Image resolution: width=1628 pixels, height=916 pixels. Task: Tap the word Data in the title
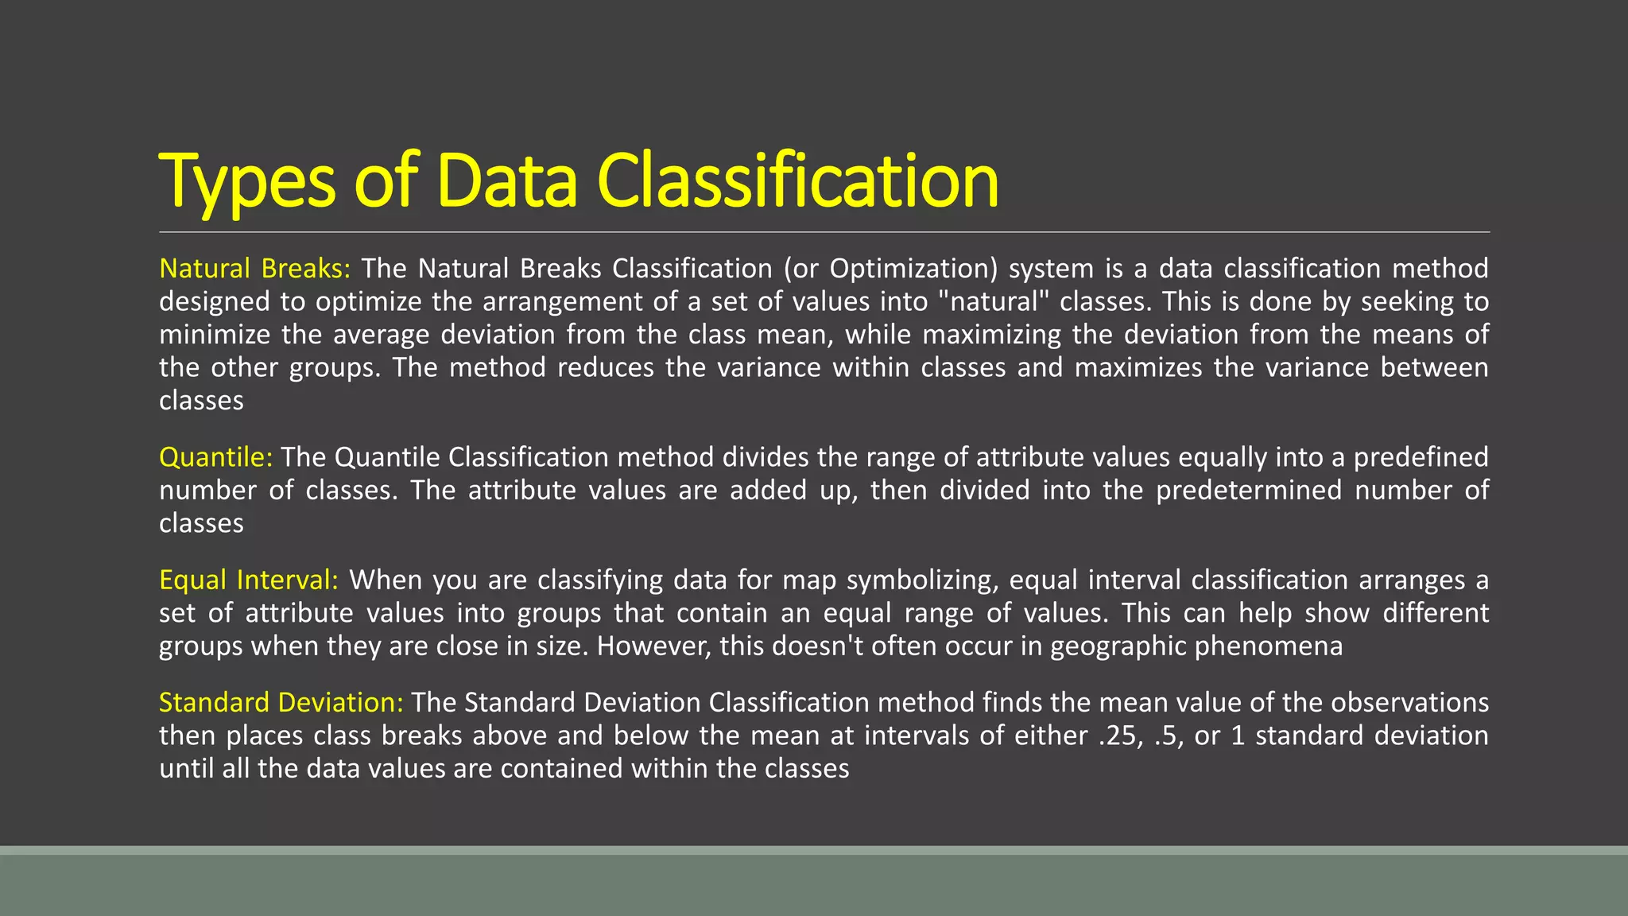(x=507, y=181)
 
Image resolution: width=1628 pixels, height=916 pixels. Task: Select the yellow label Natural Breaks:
(x=254, y=269)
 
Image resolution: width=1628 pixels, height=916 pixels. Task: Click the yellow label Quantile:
(x=215, y=457)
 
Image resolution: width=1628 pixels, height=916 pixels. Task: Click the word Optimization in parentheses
(x=913, y=269)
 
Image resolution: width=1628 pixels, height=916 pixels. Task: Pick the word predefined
(x=1421, y=457)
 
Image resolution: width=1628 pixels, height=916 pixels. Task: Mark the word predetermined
(x=1249, y=491)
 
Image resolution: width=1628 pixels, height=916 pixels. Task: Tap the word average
(x=381, y=335)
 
